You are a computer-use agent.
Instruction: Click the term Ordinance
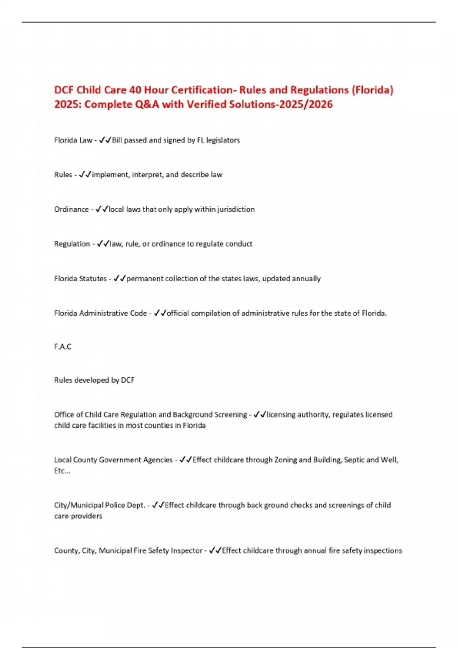point(71,209)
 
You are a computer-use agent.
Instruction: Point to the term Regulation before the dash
point(72,244)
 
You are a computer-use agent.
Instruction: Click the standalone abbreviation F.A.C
point(63,346)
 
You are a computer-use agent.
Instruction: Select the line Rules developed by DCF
point(94,380)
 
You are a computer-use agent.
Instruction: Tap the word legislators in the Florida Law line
point(223,140)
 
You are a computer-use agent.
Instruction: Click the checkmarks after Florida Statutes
point(119,279)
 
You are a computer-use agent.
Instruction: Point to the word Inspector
point(187,551)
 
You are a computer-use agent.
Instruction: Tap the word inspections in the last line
point(383,551)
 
